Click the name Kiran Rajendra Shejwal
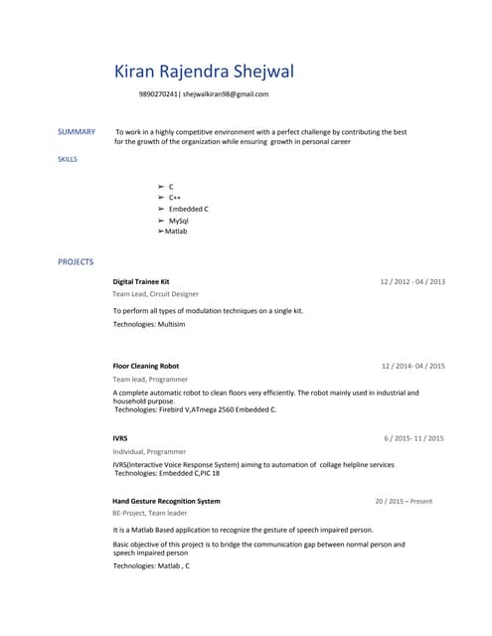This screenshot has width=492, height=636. [x=204, y=72]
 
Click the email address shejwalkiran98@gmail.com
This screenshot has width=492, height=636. [x=225, y=94]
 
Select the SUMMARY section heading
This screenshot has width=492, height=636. [x=77, y=132]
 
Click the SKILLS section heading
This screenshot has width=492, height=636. [x=68, y=159]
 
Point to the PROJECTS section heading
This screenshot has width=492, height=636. [x=76, y=262]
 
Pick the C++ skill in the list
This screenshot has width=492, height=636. [x=174, y=198]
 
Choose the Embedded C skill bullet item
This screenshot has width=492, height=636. [x=188, y=210]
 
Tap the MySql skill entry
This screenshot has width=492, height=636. [x=179, y=221]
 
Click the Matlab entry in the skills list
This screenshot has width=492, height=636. [x=176, y=232]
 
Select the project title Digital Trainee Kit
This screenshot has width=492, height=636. [x=141, y=282]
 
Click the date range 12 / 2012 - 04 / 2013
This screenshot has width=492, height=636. [x=412, y=282]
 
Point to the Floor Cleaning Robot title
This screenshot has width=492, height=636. [x=146, y=366]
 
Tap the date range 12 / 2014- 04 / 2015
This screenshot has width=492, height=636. [x=412, y=366]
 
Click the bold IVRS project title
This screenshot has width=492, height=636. [x=120, y=438]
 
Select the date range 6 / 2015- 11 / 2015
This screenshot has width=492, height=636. [x=413, y=438]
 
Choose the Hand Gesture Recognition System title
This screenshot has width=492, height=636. [x=166, y=501]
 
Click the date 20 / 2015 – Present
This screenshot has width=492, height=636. [x=404, y=501]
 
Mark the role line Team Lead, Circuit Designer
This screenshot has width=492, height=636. [x=155, y=294]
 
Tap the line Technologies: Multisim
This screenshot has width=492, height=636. [x=149, y=325]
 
